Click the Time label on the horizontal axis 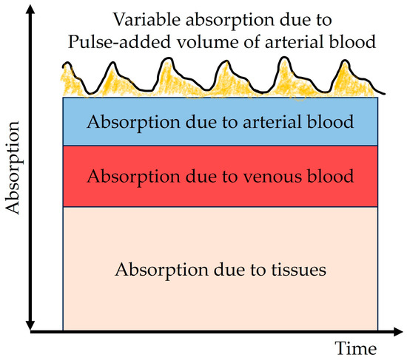coord(356,347)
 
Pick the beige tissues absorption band coord(220,303)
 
